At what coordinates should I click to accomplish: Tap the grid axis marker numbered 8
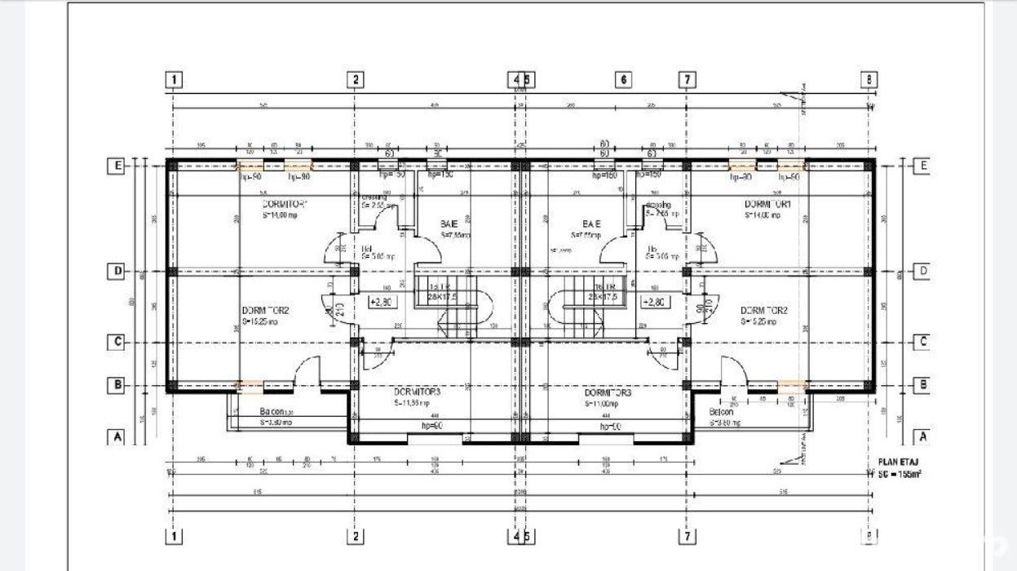[x=870, y=80]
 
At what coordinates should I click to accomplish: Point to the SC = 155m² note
[x=900, y=473]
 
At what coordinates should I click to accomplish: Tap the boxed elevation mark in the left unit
[x=381, y=302]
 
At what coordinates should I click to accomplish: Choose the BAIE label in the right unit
[x=591, y=224]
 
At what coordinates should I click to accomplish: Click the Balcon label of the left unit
[x=250, y=412]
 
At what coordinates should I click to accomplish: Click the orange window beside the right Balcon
[x=791, y=386]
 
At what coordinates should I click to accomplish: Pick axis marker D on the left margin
[x=117, y=271]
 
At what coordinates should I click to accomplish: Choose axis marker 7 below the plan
[x=688, y=536]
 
